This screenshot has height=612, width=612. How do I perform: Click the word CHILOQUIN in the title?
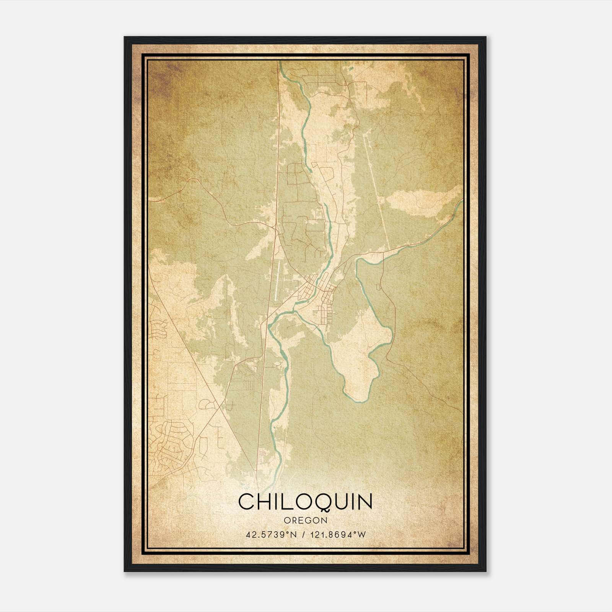305,502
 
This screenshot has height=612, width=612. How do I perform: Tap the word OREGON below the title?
305,521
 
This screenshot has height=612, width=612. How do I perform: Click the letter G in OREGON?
308,521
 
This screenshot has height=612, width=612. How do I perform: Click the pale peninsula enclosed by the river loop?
360,352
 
